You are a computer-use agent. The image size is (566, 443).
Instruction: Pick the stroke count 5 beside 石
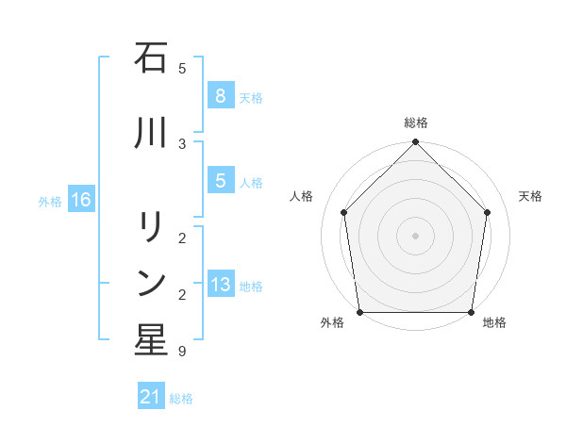tap(182, 68)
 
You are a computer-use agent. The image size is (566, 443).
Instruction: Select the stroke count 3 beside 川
tap(182, 143)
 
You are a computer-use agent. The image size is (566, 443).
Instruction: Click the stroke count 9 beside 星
tap(182, 352)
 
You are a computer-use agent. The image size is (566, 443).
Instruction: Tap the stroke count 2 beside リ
tap(182, 237)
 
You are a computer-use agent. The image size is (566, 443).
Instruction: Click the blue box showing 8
tap(220, 95)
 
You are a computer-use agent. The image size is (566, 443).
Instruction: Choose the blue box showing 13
tap(220, 285)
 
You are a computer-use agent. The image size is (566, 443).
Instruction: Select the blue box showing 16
tap(80, 199)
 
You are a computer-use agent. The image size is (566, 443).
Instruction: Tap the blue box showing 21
tap(150, 397)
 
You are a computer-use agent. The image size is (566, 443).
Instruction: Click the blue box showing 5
tap(220, 181)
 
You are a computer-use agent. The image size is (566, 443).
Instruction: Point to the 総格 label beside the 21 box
tap(181, 399)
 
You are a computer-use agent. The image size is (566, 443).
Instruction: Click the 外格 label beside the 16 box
tap(50, 201)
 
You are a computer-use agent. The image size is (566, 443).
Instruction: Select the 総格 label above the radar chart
tap(416, 123)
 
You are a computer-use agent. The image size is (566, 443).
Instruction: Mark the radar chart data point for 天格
tap(488, 212)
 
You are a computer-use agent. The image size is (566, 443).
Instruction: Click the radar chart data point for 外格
tap(359, 312)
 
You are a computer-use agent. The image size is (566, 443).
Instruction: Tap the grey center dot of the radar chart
tap(416, 235)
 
